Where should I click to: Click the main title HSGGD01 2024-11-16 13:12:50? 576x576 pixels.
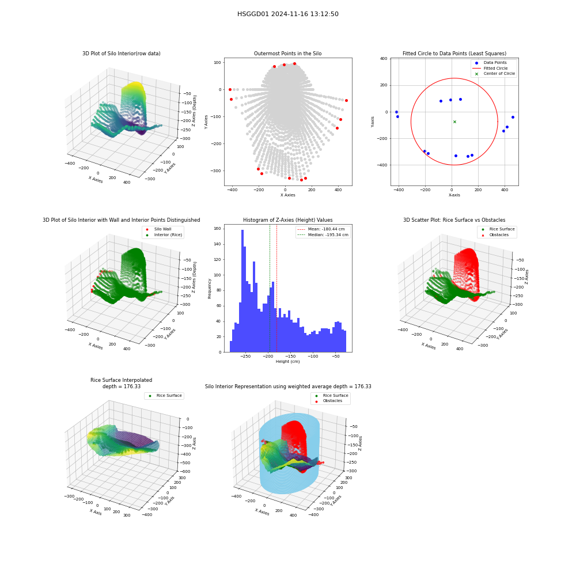pyautogui.click(x=287, y=14)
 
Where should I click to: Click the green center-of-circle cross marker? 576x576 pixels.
pyautogui.click(x=454, y=122)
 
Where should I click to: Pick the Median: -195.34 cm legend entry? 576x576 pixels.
pyautogui.click(x=323, y=235)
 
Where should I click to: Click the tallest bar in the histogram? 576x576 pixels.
pyautogui.click(x=242, y=291)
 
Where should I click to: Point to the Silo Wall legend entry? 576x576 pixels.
pyautogui.click(x=159, y=229)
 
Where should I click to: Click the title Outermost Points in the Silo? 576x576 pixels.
pyautogui.click(x=287, y=54)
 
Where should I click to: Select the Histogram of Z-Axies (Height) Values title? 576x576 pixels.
pyautogui.click(x=287, y=220)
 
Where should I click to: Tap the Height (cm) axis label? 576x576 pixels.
pyautogui.click(x=287, y=362)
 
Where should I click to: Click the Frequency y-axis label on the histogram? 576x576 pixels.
pyautogui.click(x=210, y=289)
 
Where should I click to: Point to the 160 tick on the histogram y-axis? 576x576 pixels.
pyautogui.click(x=217, y=229)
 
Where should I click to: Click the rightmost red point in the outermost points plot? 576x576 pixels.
pyautogui.click(x=346, y=100)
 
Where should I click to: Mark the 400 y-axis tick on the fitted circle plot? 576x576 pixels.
pyautogui.click(x=384, y=58)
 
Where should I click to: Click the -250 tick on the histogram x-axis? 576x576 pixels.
pyautogui.click(x=245, y=357)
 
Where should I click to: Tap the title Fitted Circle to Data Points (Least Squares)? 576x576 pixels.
pyautogui.click(x=454, y=54)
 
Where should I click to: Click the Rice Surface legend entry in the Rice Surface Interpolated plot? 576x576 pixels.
pyautogui.click(x=165, y=396)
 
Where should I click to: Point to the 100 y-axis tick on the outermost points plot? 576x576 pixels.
pyautogui.click(x=217, y=62)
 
